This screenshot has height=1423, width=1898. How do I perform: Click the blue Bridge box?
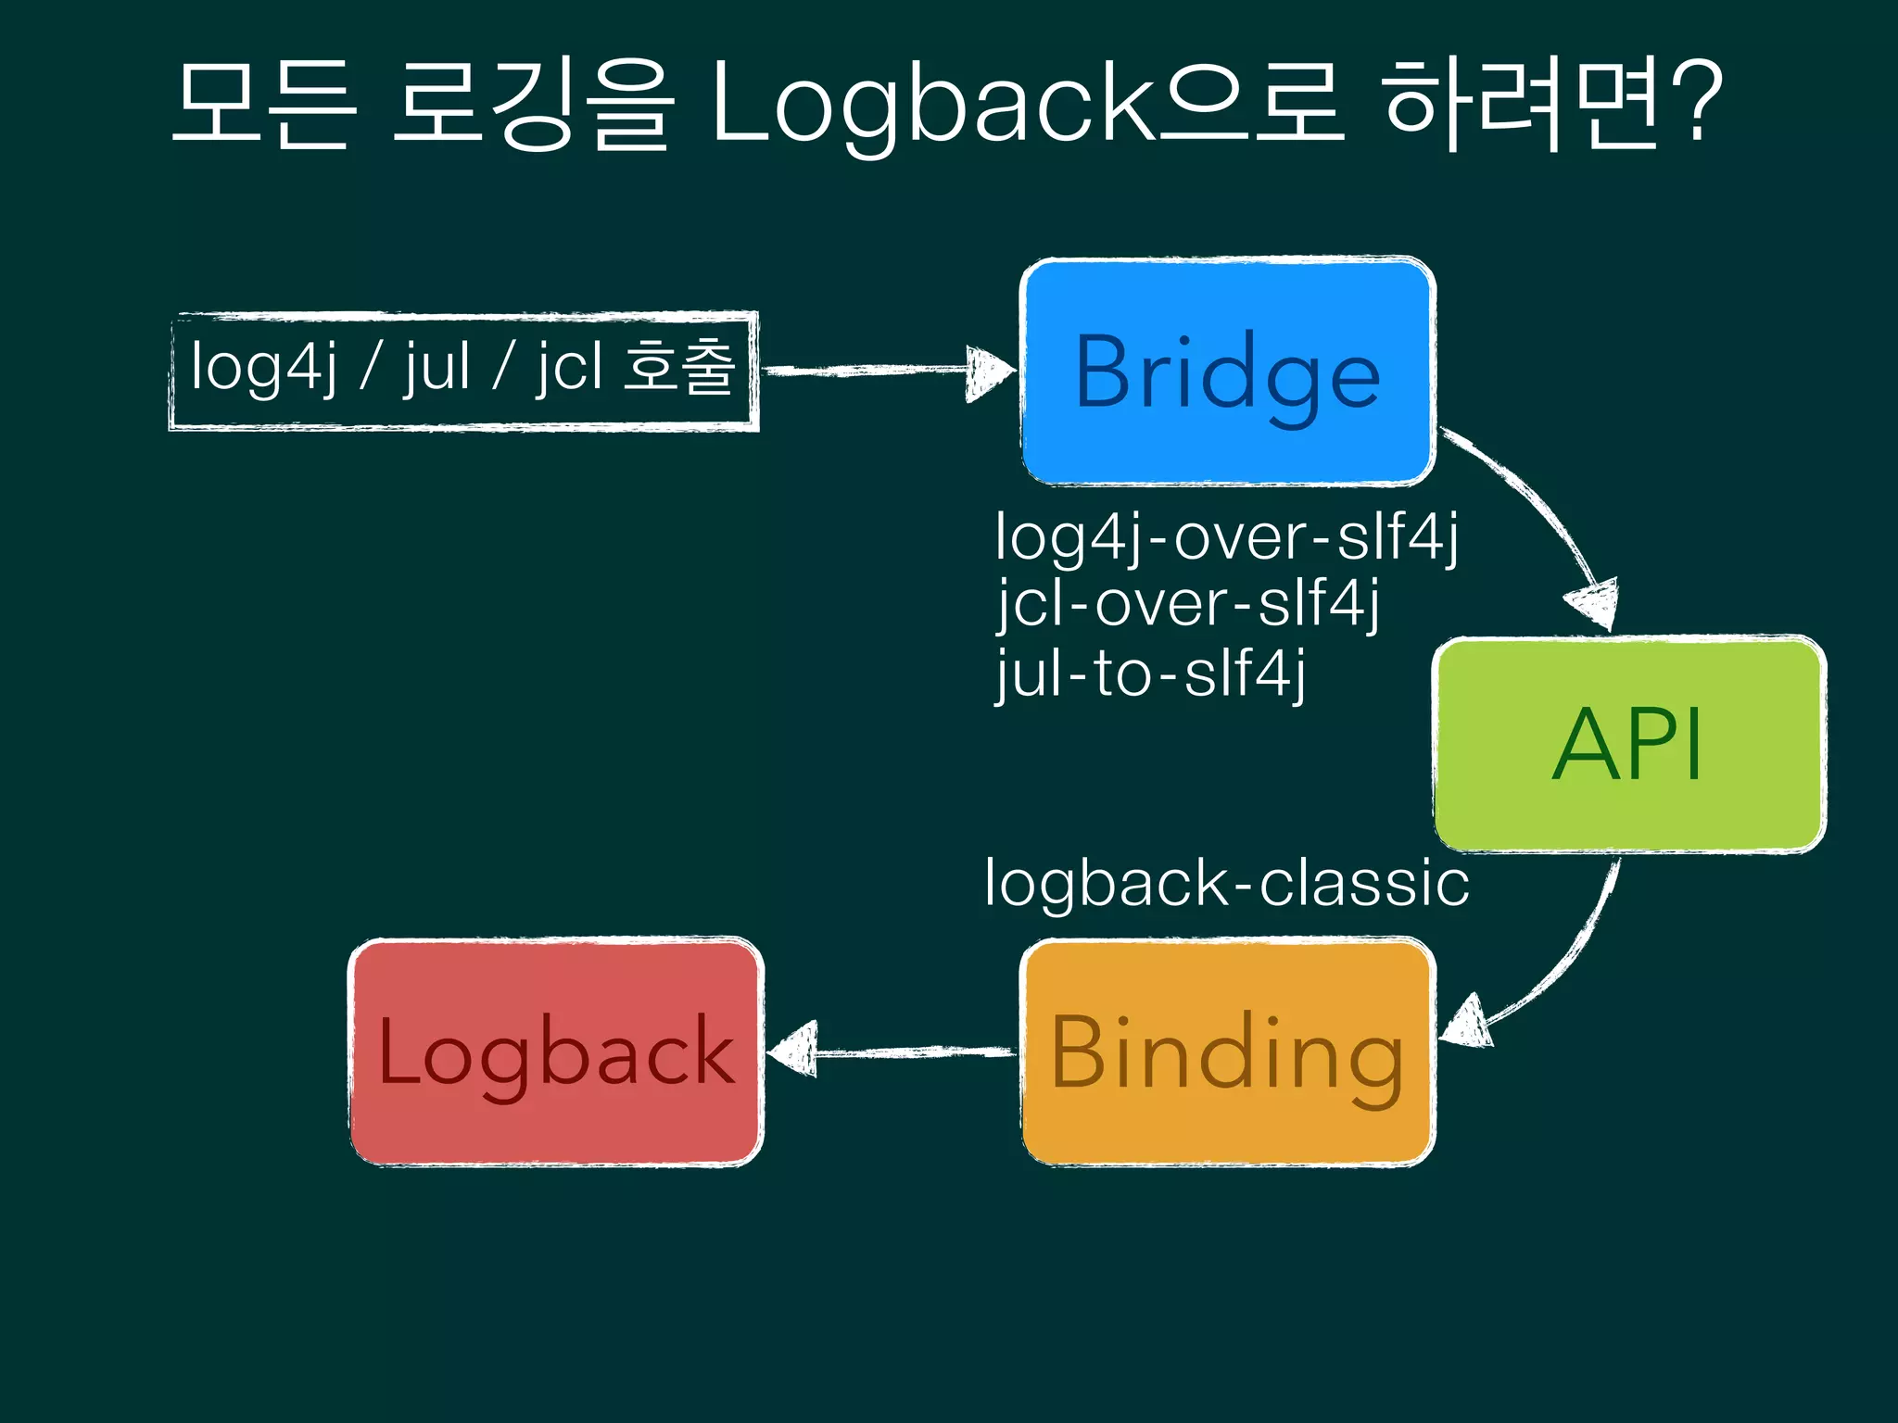tap(1228, 371)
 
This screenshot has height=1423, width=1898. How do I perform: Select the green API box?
tap(1629, 744)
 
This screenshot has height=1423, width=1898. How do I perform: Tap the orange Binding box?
tap(1228, 1053)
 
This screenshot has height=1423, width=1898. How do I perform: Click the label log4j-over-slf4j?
tap(1226, 536)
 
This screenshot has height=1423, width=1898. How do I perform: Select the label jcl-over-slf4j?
tap(1188, 603)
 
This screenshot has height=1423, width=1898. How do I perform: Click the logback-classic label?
tap(1226, 883)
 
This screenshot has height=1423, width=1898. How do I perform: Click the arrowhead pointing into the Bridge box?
tap(990, 372)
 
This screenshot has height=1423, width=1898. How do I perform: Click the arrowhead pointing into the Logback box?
tap(793, 1051)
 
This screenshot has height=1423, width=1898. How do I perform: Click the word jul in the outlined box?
tap(436, 367)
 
